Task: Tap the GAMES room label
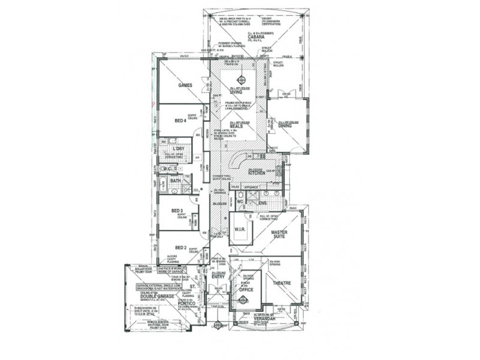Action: (185, 85)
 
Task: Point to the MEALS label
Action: (236, 125)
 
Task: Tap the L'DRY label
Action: (178, 149)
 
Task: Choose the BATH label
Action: (175, 181)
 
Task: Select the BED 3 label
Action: (177, 211)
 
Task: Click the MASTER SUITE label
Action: (280, 235)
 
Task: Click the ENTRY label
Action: (217, 277)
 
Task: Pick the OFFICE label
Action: (245, 290)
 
